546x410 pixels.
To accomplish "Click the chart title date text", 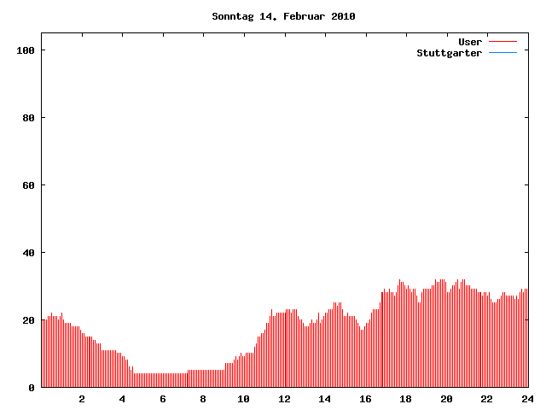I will coord(283,16).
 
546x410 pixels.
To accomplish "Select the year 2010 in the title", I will coord(342,16).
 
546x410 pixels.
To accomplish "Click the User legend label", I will coord(470,42).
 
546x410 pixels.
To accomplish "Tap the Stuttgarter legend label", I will coord(449,53).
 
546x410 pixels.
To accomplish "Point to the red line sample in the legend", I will coord(503,42).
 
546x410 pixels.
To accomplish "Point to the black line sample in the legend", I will coord(503,53).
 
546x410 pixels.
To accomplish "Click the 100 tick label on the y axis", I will coord(25,50).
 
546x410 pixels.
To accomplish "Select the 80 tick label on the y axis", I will coord(28,118).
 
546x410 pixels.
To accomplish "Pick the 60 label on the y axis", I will coord(28,185).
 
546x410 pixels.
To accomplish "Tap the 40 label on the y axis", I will coord(28,253).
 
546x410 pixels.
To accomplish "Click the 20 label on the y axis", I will coord(28,320).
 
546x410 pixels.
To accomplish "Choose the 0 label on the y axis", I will coord(32,388).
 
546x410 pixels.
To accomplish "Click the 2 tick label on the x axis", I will coord(82,399).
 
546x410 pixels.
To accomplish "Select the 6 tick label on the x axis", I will coord(163,399).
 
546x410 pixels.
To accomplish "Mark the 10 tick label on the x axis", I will coord(243,399).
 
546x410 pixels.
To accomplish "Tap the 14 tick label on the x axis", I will coord(324,399).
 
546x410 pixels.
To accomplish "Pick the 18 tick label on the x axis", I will coord(405,399).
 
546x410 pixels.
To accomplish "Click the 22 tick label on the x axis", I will coord(486,399).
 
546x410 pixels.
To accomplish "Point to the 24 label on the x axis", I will coord(526,399).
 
